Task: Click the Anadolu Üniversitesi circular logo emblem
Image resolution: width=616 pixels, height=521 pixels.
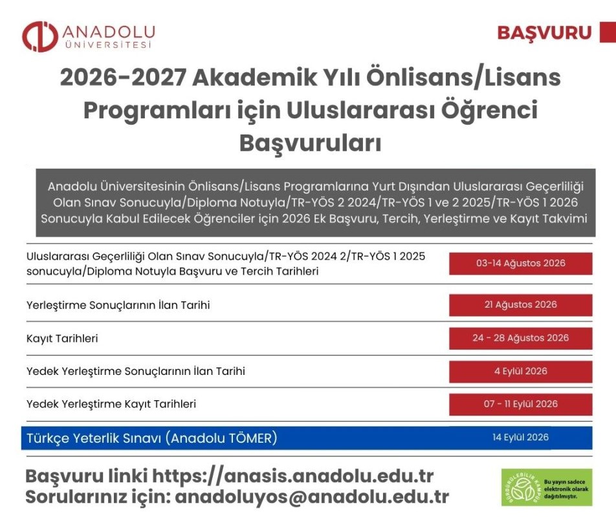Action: [x=40, y=36]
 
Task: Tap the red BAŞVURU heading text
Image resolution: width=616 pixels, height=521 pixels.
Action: [x=544, y=32]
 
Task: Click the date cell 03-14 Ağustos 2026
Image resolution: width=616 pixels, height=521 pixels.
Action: [x=520, y=263]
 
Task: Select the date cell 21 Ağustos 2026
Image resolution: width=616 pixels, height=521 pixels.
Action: [x=520, y=305]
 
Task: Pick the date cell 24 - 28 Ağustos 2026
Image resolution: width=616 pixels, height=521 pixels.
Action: [x=520, y=338]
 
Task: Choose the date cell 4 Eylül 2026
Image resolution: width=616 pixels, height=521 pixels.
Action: [x=520, y=372]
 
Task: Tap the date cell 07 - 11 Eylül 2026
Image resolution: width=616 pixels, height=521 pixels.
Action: [x=520, y=404]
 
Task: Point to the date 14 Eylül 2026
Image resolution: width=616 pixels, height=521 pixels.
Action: [x=520, y=438]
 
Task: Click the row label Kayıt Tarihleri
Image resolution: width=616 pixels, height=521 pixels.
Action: [x=62, y=339]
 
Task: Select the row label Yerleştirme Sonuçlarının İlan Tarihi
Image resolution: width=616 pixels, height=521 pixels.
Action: [x=118, y=305]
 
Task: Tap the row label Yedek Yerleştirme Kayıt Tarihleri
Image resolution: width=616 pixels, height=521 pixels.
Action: [x=111, y=404]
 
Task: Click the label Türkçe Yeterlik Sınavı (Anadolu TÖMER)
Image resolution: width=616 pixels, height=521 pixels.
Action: [x=151, y=438]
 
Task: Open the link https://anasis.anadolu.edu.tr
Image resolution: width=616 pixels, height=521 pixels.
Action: [x=293, y=476]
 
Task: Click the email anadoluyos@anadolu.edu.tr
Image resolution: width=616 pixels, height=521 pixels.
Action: [x=312, y=496]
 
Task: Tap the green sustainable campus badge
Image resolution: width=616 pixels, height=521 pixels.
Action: [x=547, y=487]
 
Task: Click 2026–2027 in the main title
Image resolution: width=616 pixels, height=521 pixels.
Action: [x=122, y=78]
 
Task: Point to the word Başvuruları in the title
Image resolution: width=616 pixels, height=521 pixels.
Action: [x=311, y=144]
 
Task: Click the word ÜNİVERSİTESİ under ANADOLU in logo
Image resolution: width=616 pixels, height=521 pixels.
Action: [x=108, y=45]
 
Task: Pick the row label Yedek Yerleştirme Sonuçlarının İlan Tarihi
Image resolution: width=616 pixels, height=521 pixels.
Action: [x=135, y=371]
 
